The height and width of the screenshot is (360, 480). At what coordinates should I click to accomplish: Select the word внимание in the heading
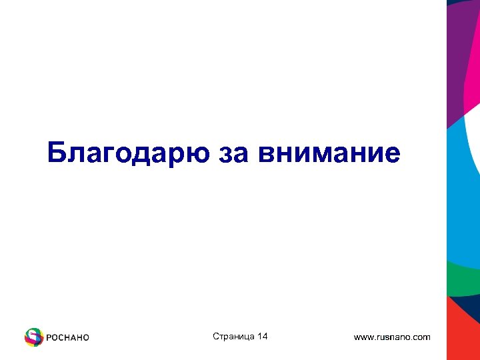point(330,153)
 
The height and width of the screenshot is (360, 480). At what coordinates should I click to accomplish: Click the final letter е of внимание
point(393,155)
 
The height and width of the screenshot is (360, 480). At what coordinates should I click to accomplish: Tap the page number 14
point(262,337)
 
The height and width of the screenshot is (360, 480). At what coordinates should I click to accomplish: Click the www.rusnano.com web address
point(392,337)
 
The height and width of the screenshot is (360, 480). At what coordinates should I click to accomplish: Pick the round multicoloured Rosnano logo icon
point(34,337)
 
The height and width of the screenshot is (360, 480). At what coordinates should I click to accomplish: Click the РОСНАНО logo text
point(67,337)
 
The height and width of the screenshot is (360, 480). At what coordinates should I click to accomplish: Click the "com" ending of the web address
point(421,337)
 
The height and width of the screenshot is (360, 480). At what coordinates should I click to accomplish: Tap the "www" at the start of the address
point(364,337)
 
